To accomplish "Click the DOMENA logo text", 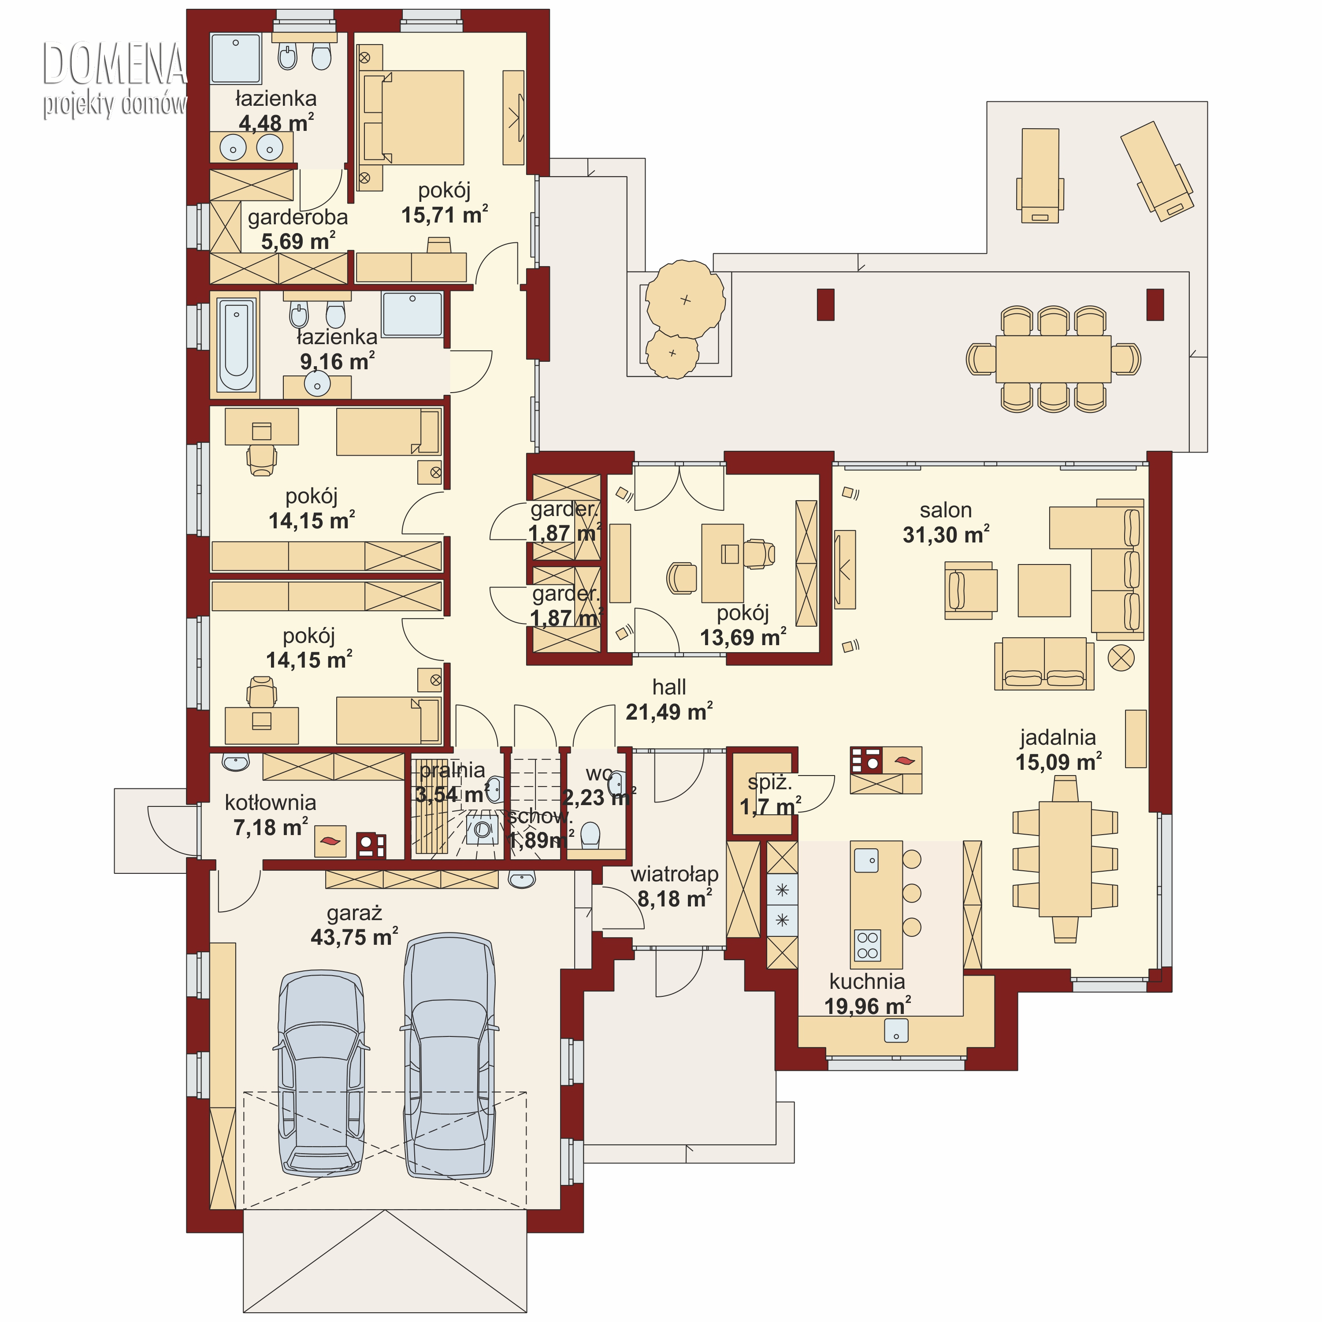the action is tap(114, 63).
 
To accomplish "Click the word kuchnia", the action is tap(867, 981).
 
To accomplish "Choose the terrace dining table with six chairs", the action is tap(1053, 359).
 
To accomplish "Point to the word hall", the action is tap(668, 687).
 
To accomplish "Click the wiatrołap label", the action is tap(674, 874).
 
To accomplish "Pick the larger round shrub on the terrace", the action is tap(685, 299).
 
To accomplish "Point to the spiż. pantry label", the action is tap(770, 782).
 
